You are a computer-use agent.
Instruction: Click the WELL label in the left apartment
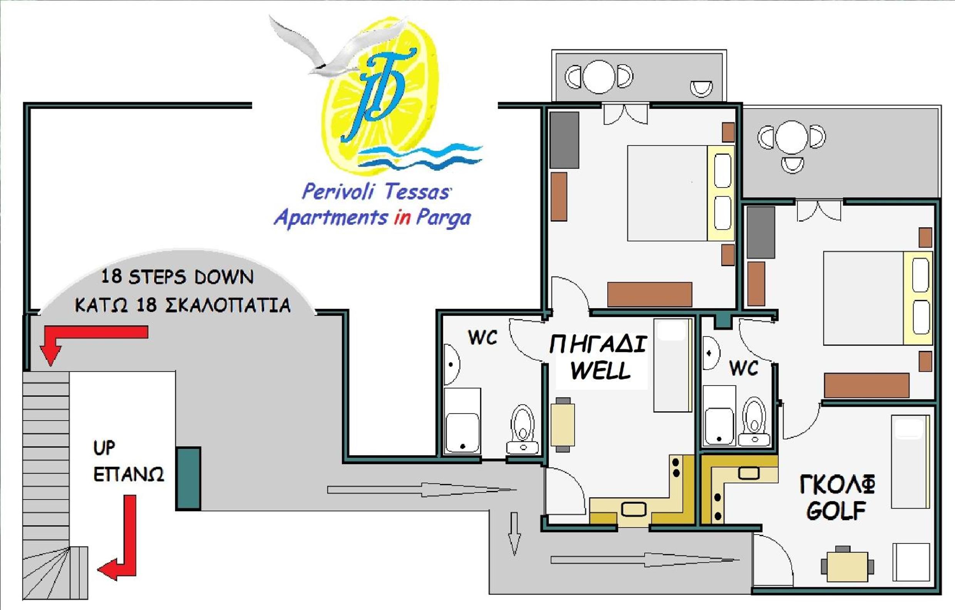click(600, 370)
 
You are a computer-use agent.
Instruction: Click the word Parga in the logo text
click(443, 218)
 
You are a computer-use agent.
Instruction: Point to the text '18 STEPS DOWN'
click(177, 277)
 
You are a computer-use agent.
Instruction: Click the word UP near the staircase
click(104, 448)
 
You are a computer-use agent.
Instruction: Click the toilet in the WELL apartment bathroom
click(523, 430)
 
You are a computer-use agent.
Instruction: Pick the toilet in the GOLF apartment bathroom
click(754, 421)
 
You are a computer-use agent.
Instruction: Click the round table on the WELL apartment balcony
click(599, 77)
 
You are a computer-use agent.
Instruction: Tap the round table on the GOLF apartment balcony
click(792, 137)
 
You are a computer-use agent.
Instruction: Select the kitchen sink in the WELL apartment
click(634, 509)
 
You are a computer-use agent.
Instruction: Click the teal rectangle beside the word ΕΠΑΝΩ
click(188, 478)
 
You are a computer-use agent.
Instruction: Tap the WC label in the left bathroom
click(483, 337)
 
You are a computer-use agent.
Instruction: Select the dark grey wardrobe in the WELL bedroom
click(565, 140)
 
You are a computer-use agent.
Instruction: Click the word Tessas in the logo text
click(417, 191)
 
